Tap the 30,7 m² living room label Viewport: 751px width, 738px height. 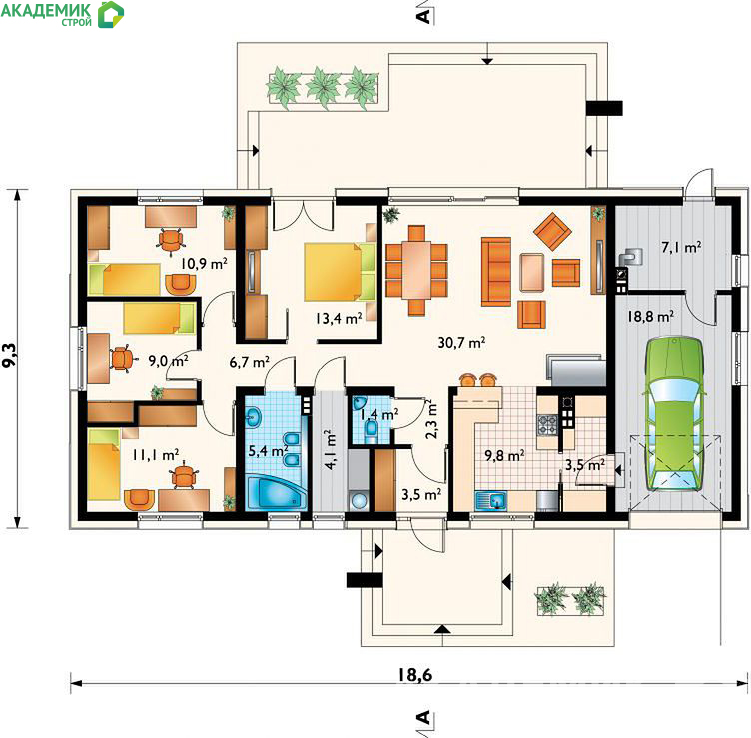click(x=461, y=342)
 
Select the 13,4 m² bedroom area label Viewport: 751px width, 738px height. click(x=339, y=318)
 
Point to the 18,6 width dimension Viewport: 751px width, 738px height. click(x=414, y=675)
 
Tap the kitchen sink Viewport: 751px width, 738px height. click(x=491, y=501)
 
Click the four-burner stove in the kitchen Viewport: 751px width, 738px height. click(x=548, y=424)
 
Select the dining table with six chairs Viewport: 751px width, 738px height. click(x=416, y=270)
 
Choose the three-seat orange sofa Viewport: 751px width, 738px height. click(x=496, y=271)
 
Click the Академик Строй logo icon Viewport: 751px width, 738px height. click(x=111, y=14)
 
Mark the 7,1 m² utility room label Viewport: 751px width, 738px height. click(x=681, y=247)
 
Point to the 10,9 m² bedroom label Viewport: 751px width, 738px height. click(x=204, y=263)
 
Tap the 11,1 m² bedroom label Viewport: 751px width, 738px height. click(x=156, y=455)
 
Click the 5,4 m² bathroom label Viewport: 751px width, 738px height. click(x=268, y=450)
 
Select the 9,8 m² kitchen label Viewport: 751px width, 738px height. click(x=504, y=455)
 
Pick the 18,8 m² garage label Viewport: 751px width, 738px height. click(x=650, y=317)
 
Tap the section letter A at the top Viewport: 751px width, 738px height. click(x=423, y=16)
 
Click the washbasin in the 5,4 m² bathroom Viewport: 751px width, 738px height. click(x=253, y=418)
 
